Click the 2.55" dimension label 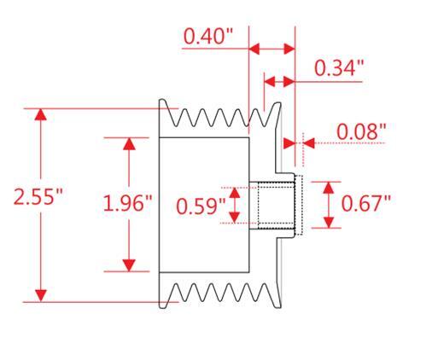(38, 196)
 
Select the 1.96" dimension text (127, 203)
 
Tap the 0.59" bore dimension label (201, 206)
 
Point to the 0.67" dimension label (365, 203)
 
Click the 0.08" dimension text (361, 131)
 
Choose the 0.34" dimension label (339, 68)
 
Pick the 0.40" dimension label (208, 36)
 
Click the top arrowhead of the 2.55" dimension (41, 114)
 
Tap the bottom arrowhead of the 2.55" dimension (41, 296)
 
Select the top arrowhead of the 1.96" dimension (129, 144)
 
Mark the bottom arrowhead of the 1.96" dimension (129, 265)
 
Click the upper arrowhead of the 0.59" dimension (235, 193)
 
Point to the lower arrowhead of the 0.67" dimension (329, 222)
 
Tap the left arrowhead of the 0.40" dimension (254, 49)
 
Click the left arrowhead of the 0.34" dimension (270, 82)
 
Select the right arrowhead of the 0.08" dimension (309, 143)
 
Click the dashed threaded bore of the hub (276, 206)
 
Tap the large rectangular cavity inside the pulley (204, 205)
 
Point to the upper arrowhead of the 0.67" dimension (329, 188)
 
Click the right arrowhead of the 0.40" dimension (289, 49)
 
